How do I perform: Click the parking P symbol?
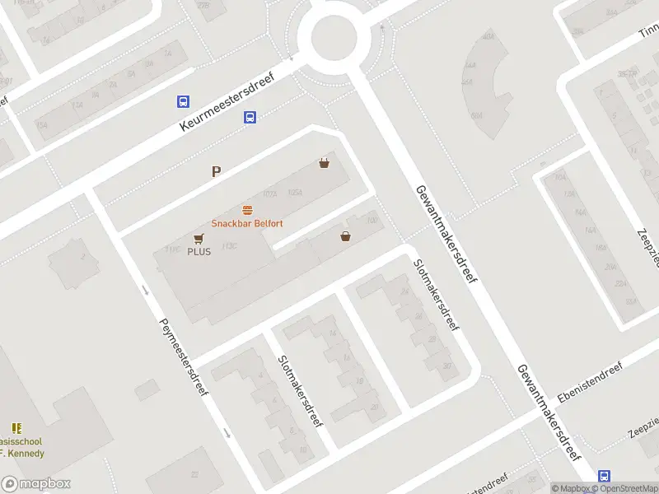coord(217,172)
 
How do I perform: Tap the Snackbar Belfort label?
coord(247,223)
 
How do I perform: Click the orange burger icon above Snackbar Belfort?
coord(247,210)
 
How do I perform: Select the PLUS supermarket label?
coord(199,251)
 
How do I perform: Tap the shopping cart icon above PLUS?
coord(199,238)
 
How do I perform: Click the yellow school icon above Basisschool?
coord(16,428)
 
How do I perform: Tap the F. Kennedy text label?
coord(22,453)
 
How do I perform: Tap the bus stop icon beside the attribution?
coord(605,476)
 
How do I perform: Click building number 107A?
coord(269,193)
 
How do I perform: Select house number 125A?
coord(295,193)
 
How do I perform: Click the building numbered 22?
coord(194,475)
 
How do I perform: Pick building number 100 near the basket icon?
coord(372,219)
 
